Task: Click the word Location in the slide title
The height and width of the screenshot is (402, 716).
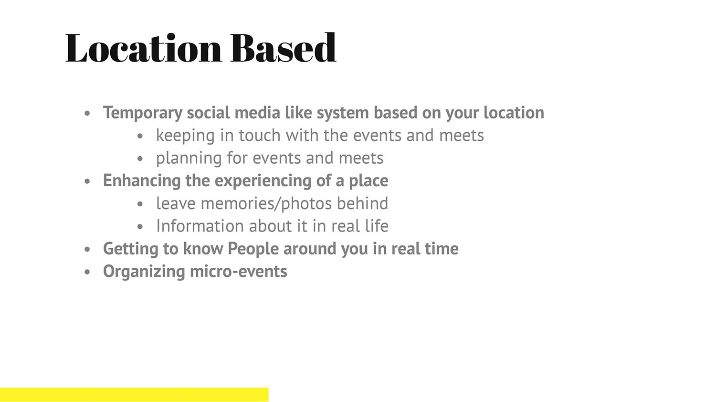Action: [x=144, y=48]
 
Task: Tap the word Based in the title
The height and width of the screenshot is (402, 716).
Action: [x=283, y=48]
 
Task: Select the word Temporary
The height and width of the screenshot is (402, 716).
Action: [x=143, y=113]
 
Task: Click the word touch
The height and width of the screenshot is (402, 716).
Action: [x=260, y=135]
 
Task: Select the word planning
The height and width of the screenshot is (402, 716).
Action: [x=189, y=159]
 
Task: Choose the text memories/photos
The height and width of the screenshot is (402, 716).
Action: [x=266, y=204]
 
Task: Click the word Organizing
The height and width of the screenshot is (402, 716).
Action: [x=144, y=272]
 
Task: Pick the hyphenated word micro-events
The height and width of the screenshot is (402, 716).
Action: [x=239, y=272]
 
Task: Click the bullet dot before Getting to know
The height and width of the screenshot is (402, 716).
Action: [x=87, y=249]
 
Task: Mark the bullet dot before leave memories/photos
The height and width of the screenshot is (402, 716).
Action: [x=140, y=204]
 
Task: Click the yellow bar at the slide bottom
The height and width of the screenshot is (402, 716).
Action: [x=134, y=395]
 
